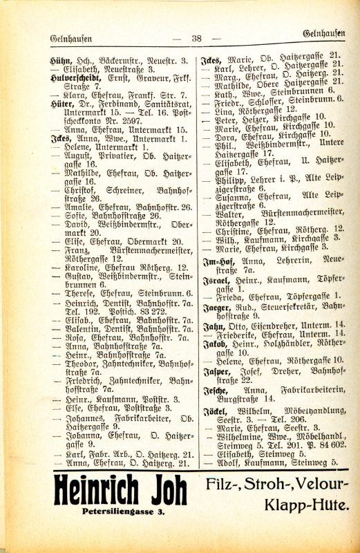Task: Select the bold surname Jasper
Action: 216,371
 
